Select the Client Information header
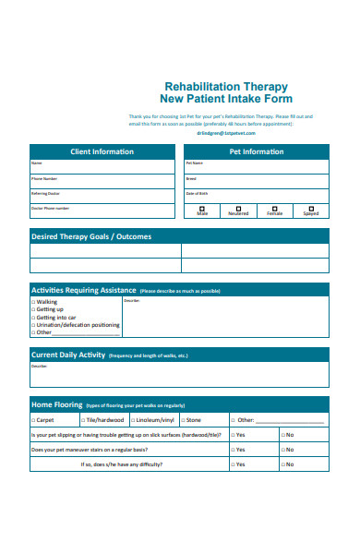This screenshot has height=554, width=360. [102, 151]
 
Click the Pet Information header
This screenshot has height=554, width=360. [257, 151]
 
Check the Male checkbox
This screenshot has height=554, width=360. [202, 209]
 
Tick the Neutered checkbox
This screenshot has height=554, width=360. [238, 209]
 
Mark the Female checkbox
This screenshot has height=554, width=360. [275, 209]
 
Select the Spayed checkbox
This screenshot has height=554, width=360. [311, 209]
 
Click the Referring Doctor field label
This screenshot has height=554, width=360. [46, 194]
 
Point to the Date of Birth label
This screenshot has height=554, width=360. [197, 194]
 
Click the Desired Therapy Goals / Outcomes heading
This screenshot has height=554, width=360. [91, 236]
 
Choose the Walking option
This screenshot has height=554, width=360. [34, 302]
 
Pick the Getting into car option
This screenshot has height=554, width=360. [34, 317]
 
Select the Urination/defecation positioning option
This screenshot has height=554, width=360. [34, 324]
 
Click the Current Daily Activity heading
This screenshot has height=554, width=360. [68, 355]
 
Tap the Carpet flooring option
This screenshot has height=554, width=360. [34, 419]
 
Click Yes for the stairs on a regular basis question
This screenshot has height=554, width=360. [233, 450]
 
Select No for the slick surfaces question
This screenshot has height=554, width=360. [282, 434]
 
